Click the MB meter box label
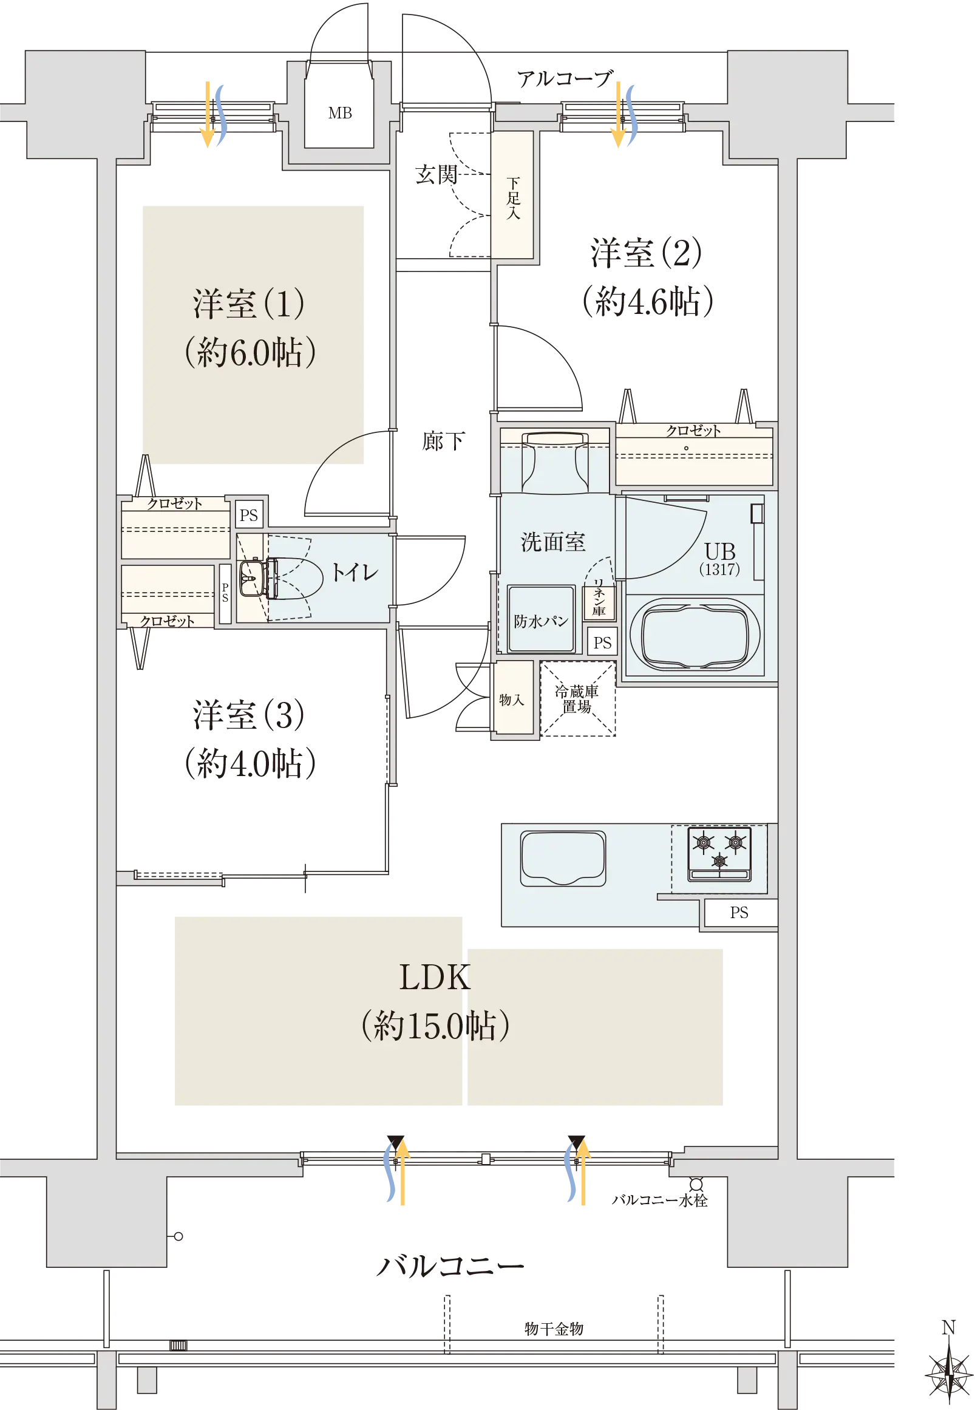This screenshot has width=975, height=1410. tap(339, 113)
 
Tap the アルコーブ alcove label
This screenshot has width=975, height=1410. tap(565, 78)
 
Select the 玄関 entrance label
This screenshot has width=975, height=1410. tap(436, 175)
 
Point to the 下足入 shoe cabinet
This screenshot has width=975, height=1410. tap(512, 195)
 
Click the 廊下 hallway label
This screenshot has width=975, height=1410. tap(444, 440)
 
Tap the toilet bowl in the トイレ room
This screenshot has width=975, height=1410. tap(293, 578)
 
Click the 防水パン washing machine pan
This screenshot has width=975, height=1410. tap(542, 619)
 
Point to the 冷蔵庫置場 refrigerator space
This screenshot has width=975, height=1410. tap(577, 699)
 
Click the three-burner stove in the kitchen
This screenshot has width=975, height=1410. tap(719, 853)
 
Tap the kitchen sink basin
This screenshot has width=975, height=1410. tap(563, 858)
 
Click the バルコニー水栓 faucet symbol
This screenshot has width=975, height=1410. tap(696, 1184)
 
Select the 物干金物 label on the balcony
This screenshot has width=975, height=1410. tap(554, 1328)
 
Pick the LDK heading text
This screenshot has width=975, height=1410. tap(435, 977)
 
